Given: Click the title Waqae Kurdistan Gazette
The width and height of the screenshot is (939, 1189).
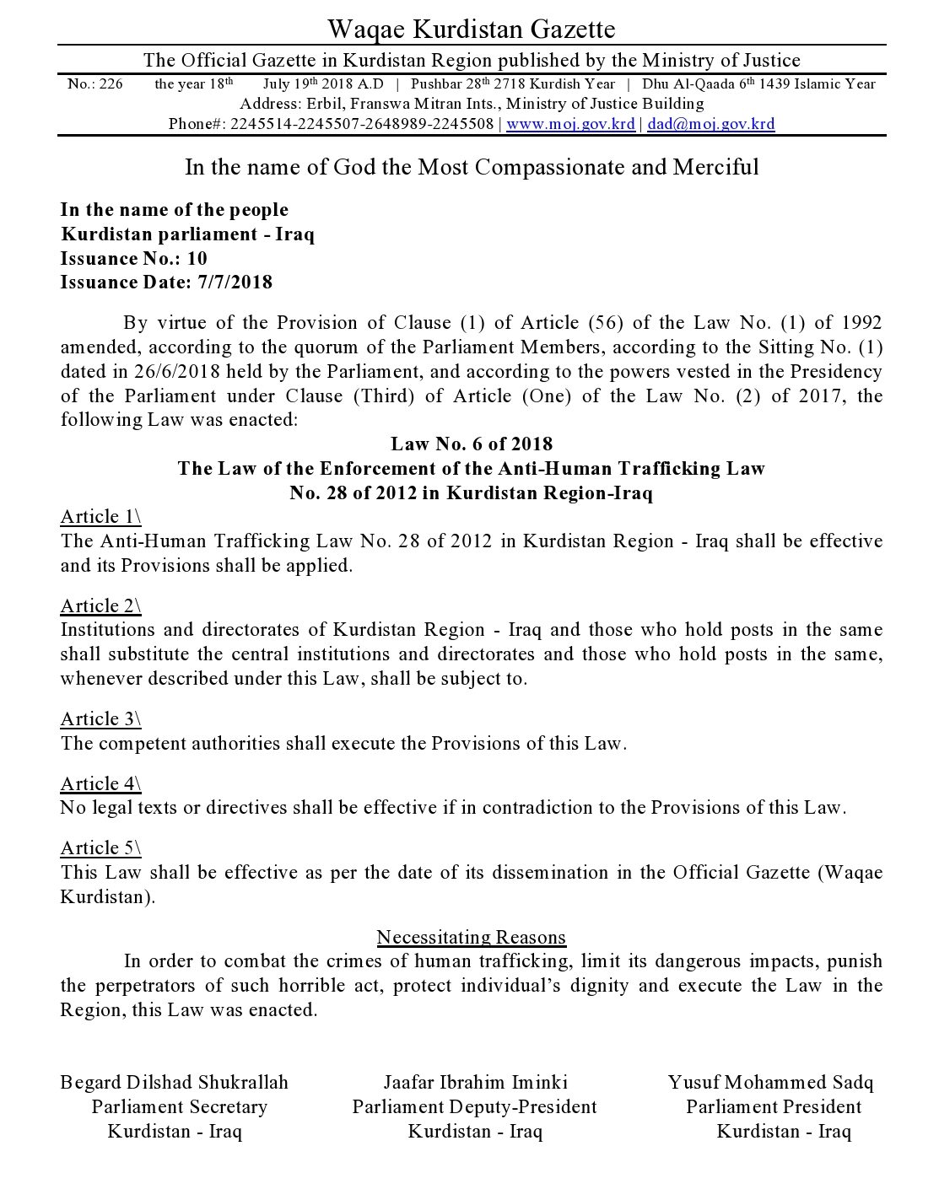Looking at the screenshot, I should (x=471, y=30).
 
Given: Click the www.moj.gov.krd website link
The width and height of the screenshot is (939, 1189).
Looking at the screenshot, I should (x=570, y=125).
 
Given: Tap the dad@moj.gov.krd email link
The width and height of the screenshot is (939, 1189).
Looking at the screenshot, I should (x=710, y=125).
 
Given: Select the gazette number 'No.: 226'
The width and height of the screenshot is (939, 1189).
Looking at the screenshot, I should (x=94, y=84).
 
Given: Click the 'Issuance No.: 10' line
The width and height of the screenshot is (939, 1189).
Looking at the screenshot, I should (x=133, y=258).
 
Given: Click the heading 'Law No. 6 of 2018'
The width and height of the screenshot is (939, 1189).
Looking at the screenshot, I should (x=471, y=444).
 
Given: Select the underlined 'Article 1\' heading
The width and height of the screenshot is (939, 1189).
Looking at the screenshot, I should (x=100, y=517).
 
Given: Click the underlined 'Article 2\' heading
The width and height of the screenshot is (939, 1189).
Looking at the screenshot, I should (x=100, y=605).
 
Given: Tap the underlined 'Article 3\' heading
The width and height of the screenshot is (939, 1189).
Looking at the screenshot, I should (x=100, y=718).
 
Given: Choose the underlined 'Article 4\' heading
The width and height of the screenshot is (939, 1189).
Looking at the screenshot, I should (x=100, y=783).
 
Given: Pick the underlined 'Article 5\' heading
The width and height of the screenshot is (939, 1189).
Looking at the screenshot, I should (x=100, y=847).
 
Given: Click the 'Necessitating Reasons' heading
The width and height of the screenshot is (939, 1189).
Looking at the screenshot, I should (x=471, y=937).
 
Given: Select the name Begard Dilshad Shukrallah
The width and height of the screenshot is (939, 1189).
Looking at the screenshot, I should (x=175, y=1082).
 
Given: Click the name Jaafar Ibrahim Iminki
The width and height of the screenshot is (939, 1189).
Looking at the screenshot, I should (x=475, y=1082).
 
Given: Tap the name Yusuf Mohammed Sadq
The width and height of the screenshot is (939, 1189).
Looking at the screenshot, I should (x=770, y=1082).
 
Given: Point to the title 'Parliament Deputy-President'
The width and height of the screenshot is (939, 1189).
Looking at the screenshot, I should (x=474, y=1107).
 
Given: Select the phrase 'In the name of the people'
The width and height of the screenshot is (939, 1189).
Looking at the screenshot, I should (x=175, y=210).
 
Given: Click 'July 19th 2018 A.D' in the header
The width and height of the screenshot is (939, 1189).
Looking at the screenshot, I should (x=323, y=84).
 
